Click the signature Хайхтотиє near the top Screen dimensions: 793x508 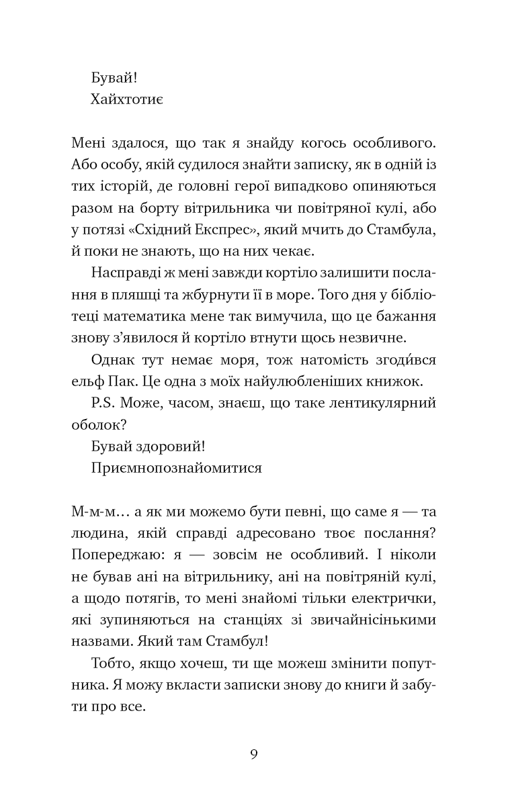(x=126, y=100)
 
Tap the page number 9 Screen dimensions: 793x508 (x=253, y=753)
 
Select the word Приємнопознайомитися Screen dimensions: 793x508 (x=175, y=468)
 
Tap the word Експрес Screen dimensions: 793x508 (x=226, y=230)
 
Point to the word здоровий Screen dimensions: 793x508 (x=165, y=447)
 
